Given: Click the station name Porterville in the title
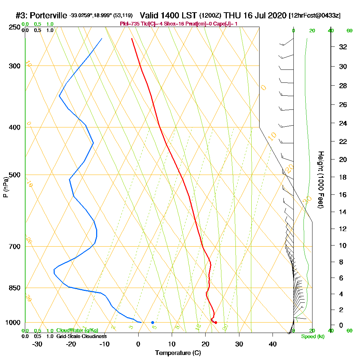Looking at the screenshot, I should tap(49, 15).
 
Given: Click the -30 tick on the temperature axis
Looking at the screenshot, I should tap(37, 343).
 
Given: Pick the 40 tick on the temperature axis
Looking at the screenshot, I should tap(273, 343).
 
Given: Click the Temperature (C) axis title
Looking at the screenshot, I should tap(178, 353).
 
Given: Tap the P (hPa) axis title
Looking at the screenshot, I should tap(5, 187).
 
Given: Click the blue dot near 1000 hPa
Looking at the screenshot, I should tap(153, 322).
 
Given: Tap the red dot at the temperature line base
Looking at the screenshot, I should tap(216, 322).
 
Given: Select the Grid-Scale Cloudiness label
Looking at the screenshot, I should tap(81, 336).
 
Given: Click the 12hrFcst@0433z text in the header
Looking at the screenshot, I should tap(315, 16).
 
